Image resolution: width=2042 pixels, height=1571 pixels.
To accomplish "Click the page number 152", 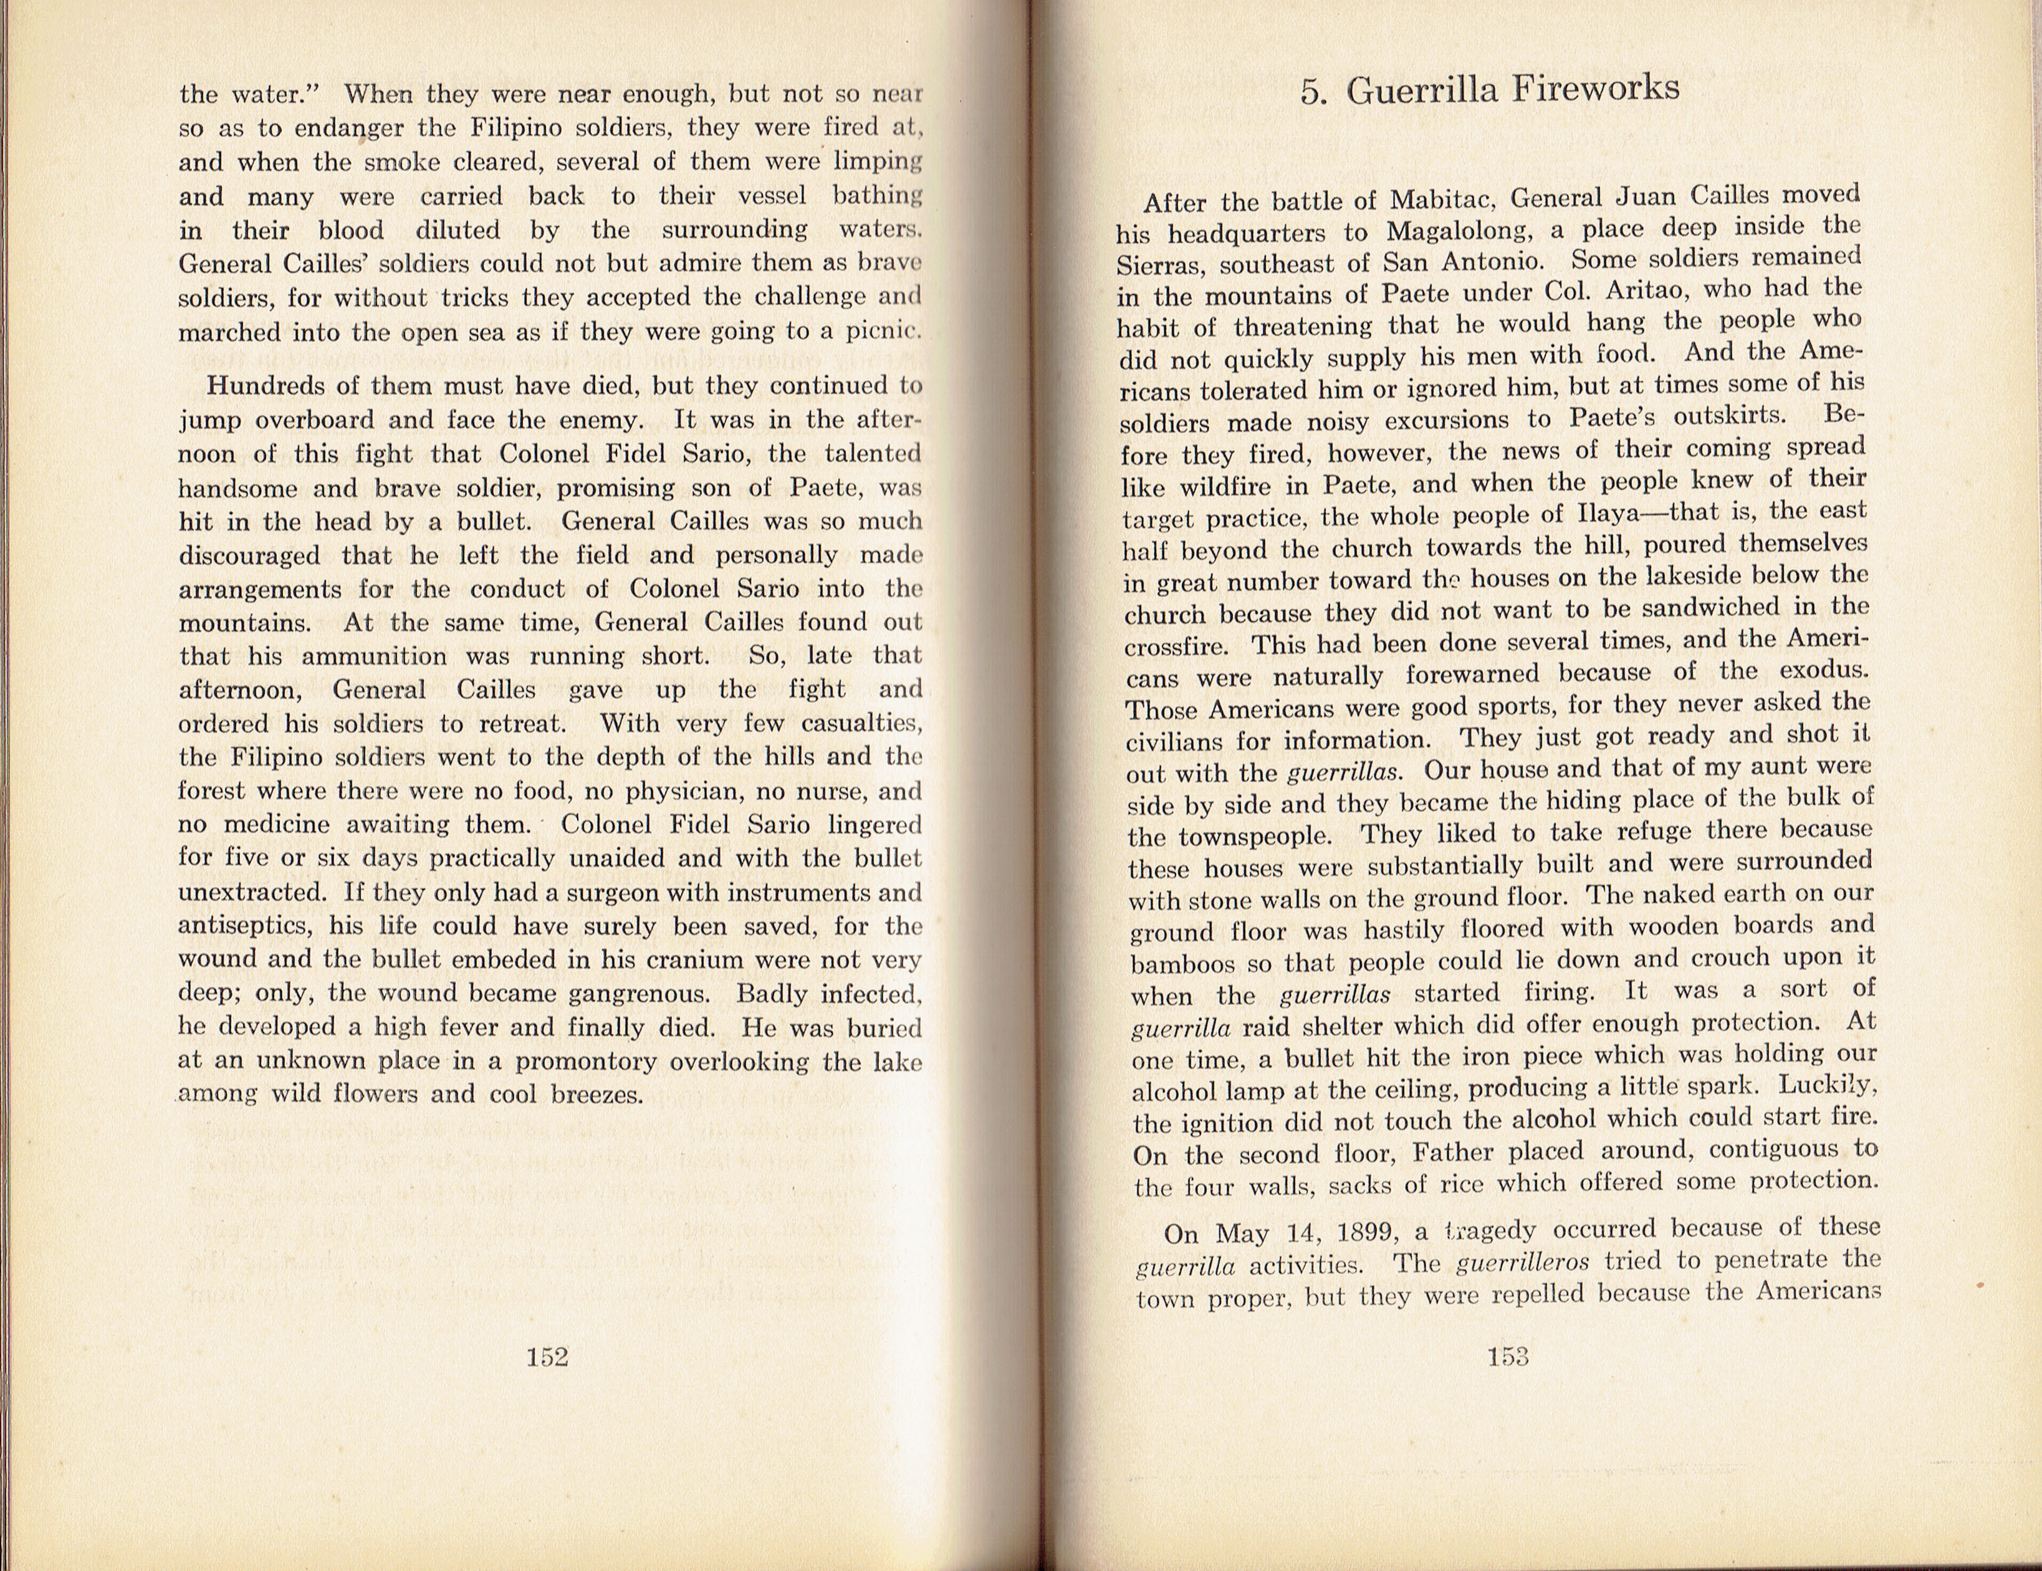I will (x=547, y=1357).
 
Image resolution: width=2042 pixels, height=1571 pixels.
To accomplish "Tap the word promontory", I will (x=585, y=1061).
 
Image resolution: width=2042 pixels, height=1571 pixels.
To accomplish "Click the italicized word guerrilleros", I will (x=1522, y=1263).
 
